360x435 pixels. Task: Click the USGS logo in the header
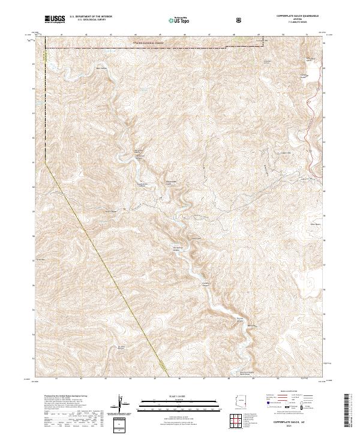(55, 19)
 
